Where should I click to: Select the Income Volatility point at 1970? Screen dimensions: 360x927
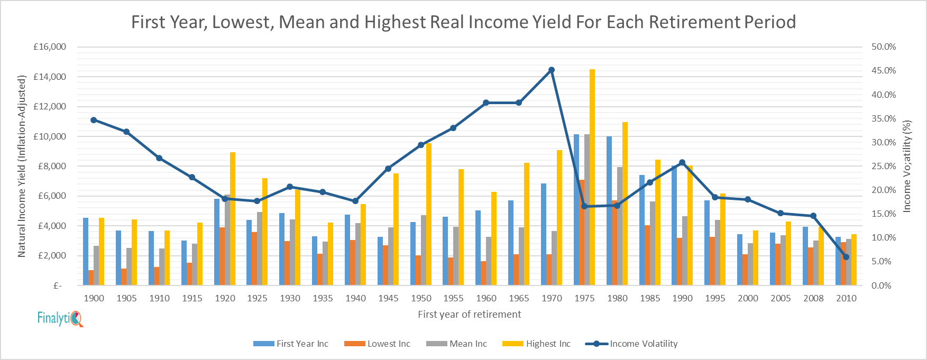coord(552,70)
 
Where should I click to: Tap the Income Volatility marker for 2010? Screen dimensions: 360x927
coord(846,257)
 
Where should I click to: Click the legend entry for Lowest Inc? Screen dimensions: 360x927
coord(378,344)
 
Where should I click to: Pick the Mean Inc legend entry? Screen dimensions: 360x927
coord(457,344)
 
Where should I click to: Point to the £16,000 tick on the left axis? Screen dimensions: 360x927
coord(50,47)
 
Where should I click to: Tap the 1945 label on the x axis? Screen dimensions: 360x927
coord(388,298)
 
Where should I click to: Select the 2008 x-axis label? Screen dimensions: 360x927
coord(813,298)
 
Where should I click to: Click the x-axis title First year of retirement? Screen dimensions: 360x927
coord(469,315)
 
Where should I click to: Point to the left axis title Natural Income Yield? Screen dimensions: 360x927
coord(22,166)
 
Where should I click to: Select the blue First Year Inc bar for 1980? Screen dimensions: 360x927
coord(609,211)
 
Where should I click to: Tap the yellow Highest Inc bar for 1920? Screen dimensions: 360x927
coord(233,219)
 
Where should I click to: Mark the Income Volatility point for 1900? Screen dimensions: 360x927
coord(94,120)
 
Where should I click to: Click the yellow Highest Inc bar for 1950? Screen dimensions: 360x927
coord(429,214)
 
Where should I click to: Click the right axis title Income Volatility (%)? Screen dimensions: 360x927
coord(907,166)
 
